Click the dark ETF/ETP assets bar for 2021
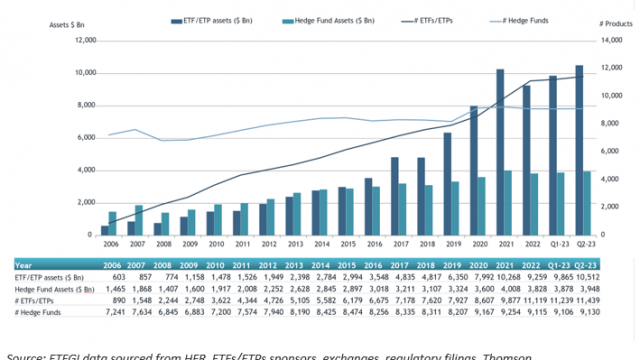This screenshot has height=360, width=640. point(500,150)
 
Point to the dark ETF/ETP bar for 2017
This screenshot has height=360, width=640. point(395,195)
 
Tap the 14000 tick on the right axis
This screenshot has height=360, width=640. point(611,41)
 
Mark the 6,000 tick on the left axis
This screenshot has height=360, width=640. point(84,138)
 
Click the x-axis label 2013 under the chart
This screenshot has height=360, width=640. point(293,244)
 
